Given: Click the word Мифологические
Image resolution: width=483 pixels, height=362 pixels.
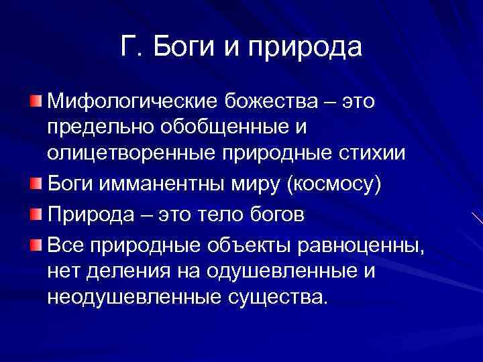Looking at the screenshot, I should pyautogui.click(x=125, y=103).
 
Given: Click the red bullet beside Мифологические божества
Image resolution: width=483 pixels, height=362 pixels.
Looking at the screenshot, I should pyautogui.click(x=34, y=101).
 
